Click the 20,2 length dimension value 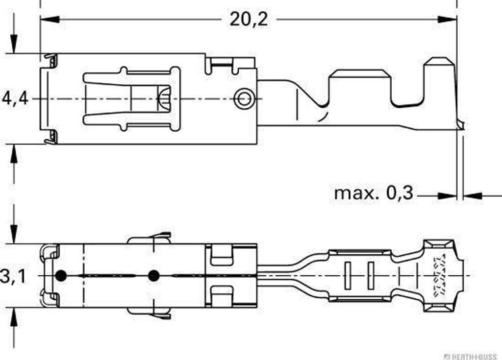click(x=249, y=19)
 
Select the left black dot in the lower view click(x=61, y=276)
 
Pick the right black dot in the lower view click(x=154, y=275)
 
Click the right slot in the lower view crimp click(x=371, y=275)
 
